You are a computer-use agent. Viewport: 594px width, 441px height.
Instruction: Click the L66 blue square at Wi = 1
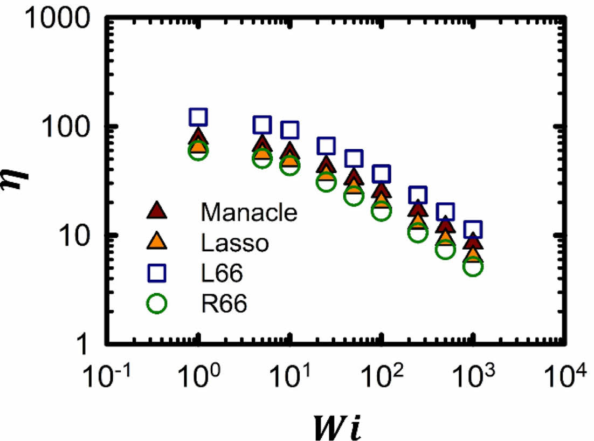[x=199, y=116]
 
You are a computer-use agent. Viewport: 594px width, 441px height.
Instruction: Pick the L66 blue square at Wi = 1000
[x=473, y=230]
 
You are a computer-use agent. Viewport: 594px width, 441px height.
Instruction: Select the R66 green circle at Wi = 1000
[x=473, y=266]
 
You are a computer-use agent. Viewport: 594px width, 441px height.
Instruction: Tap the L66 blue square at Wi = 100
[x=382, y=174]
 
